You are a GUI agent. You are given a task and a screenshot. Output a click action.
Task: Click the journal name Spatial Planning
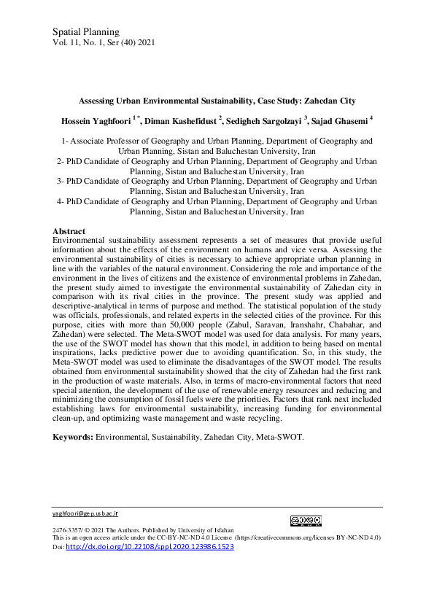pos(85,31)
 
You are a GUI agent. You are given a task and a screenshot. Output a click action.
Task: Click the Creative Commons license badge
pos(306,521)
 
